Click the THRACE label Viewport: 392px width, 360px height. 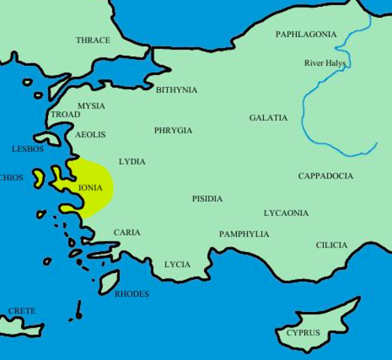pos(93,40)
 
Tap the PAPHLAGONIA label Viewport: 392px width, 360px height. pos(306,34)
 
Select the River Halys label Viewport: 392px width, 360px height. pos(325,63)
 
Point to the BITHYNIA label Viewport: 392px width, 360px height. pos(177,90)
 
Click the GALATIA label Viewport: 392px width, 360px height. pos(268,118)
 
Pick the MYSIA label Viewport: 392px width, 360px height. pos(91,106)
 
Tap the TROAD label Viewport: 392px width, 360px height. pos(65,115)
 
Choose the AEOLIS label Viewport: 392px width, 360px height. pos(90,135)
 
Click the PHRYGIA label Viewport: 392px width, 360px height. pos(173,130)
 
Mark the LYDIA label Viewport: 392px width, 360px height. pos(132,162)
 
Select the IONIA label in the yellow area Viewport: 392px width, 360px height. pos(90,187)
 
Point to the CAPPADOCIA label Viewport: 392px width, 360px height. pos(325,176)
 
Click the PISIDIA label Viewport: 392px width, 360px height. pos(207,199)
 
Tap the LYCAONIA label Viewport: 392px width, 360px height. pos(286,213)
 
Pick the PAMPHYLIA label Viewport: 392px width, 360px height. pos(244,234)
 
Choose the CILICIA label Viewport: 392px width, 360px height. pos(331,245)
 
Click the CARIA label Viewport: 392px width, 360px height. pos(127,232)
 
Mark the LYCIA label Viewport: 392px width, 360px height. pos(178,265)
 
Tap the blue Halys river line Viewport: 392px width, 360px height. pos(304,112)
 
